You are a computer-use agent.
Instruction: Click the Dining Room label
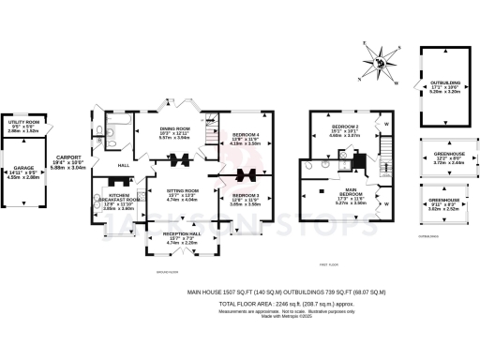pyautogui.click(x=174, y=133)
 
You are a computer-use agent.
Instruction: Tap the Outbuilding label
pyautogui.click(x=444, y=86)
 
